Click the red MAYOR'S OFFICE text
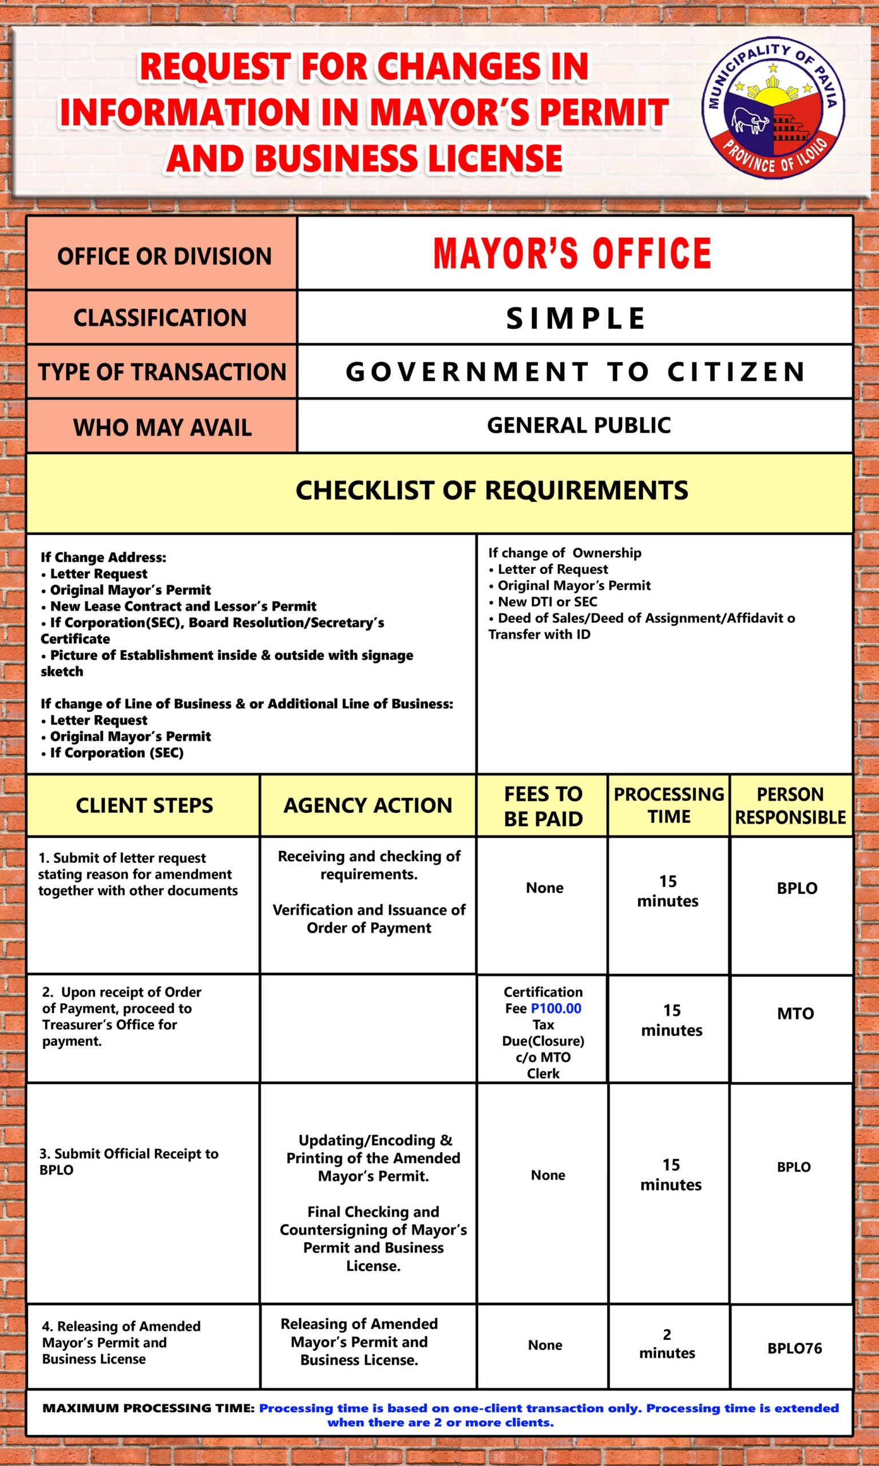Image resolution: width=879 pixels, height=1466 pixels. (572, 254)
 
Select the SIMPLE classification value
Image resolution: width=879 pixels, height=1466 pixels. (575, 318)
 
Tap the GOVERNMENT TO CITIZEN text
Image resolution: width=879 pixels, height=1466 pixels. (575, 372)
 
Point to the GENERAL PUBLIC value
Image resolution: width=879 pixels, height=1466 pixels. (579, 425)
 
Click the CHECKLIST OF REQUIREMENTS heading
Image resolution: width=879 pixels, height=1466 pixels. (492, 491)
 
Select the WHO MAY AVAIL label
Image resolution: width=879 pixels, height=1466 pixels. (163, 427)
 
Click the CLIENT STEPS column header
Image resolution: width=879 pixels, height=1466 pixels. (144, 805)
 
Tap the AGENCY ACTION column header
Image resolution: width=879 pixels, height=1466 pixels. (367, 805)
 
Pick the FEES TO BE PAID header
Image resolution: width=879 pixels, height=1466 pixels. (543, 806)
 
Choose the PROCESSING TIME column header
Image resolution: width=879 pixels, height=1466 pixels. (669, 805)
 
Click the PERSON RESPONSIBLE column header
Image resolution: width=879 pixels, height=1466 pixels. (790, 806)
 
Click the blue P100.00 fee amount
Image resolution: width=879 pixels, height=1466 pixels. (556, 1008)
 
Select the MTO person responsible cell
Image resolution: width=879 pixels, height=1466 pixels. (795, 1013)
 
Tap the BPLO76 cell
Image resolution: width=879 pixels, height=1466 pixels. (794, 1348)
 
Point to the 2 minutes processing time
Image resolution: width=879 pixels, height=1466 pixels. (667, 1343)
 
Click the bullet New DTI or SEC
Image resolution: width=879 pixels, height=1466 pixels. (547, 601)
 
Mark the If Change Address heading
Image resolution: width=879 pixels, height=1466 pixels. (104, 557)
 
